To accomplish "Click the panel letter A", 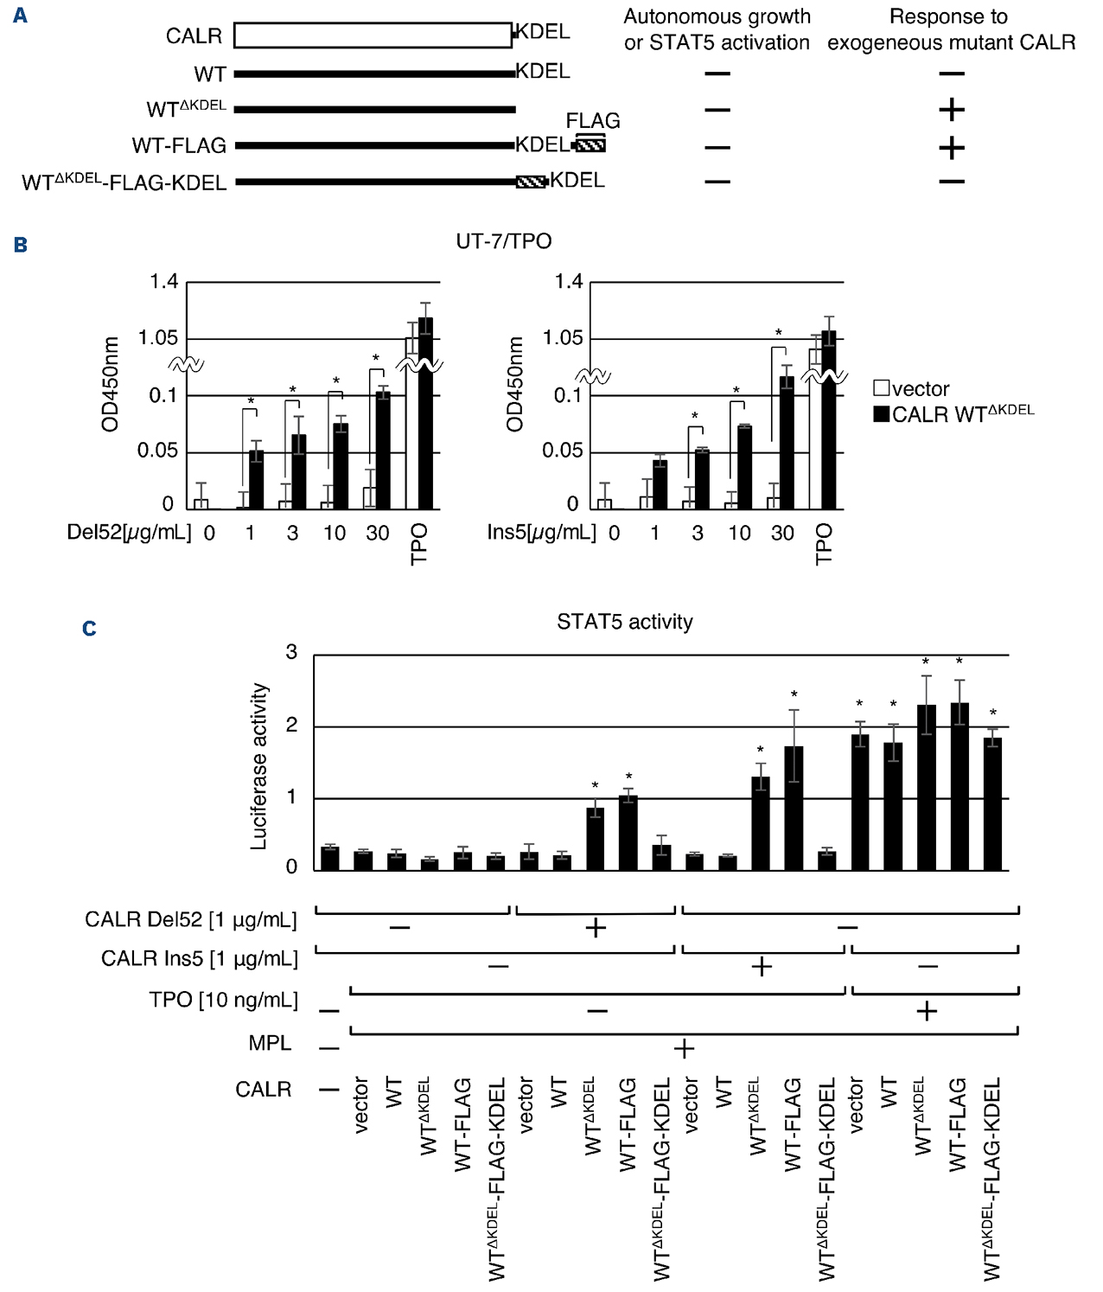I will coord(20,16).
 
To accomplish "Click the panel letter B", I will coord(21,245).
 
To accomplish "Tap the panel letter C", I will coord(89,629).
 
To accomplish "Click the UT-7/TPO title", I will coord(503,241).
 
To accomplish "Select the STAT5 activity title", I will coord(624,622).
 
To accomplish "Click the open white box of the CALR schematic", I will coord(373,35).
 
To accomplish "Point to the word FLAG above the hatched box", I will coord(592,121).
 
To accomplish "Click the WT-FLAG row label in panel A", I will coord(179,145).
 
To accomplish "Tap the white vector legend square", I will coord(881,388).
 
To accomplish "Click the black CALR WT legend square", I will coord(881,414).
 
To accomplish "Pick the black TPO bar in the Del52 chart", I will coord(425,413).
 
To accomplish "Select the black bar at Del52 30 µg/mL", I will coord(383,450).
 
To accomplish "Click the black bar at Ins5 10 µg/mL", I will coord(744,467).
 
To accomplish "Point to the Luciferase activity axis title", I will coord(258,766).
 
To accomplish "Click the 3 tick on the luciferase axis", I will coord(292,652).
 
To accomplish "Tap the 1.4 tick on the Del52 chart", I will coord(163,282).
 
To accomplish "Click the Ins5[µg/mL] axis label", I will coord(541,532).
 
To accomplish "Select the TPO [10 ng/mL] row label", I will coord(223,1000).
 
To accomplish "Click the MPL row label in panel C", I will coord(270,1043).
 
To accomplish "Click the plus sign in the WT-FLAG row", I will coord(951,148).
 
